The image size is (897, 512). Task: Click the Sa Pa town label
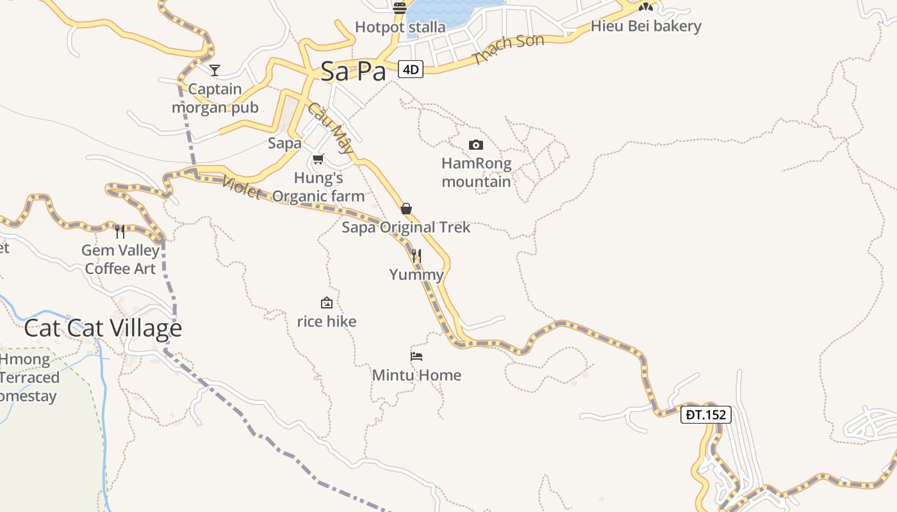tap(353, 71)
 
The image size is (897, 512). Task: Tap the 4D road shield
tap(411, 69)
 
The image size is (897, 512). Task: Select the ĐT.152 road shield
tap(706, 415)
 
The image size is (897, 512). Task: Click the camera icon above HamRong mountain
tap(476, 145)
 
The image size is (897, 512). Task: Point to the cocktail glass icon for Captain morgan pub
tap(215, 70)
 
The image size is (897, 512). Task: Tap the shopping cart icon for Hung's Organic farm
tap(318, 159)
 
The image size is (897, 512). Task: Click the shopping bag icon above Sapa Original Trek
tap(406, 209)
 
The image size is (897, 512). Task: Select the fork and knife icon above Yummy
tap(416, 256)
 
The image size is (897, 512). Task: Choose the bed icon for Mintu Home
tap(416, 356)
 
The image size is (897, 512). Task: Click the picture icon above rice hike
tap(327, 303)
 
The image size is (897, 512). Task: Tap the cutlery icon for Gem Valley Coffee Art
tap(120, 231)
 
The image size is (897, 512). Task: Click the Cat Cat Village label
tap(103, 328)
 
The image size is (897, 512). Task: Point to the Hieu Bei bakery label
tap(646, 26)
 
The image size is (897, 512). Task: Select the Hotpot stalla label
tap(400, 28)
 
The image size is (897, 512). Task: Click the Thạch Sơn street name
tap(509, 49)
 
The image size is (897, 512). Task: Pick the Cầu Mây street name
tap(331, 128)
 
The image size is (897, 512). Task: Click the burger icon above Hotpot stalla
tap(400, 8)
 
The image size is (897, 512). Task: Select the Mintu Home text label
tap(416, 375)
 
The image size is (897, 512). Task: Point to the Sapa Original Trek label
tap(406, 227)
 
